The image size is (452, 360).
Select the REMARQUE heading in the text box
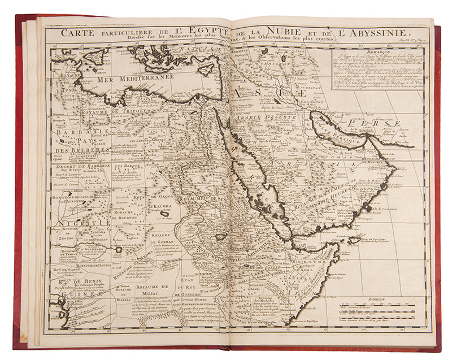point(378,51)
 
